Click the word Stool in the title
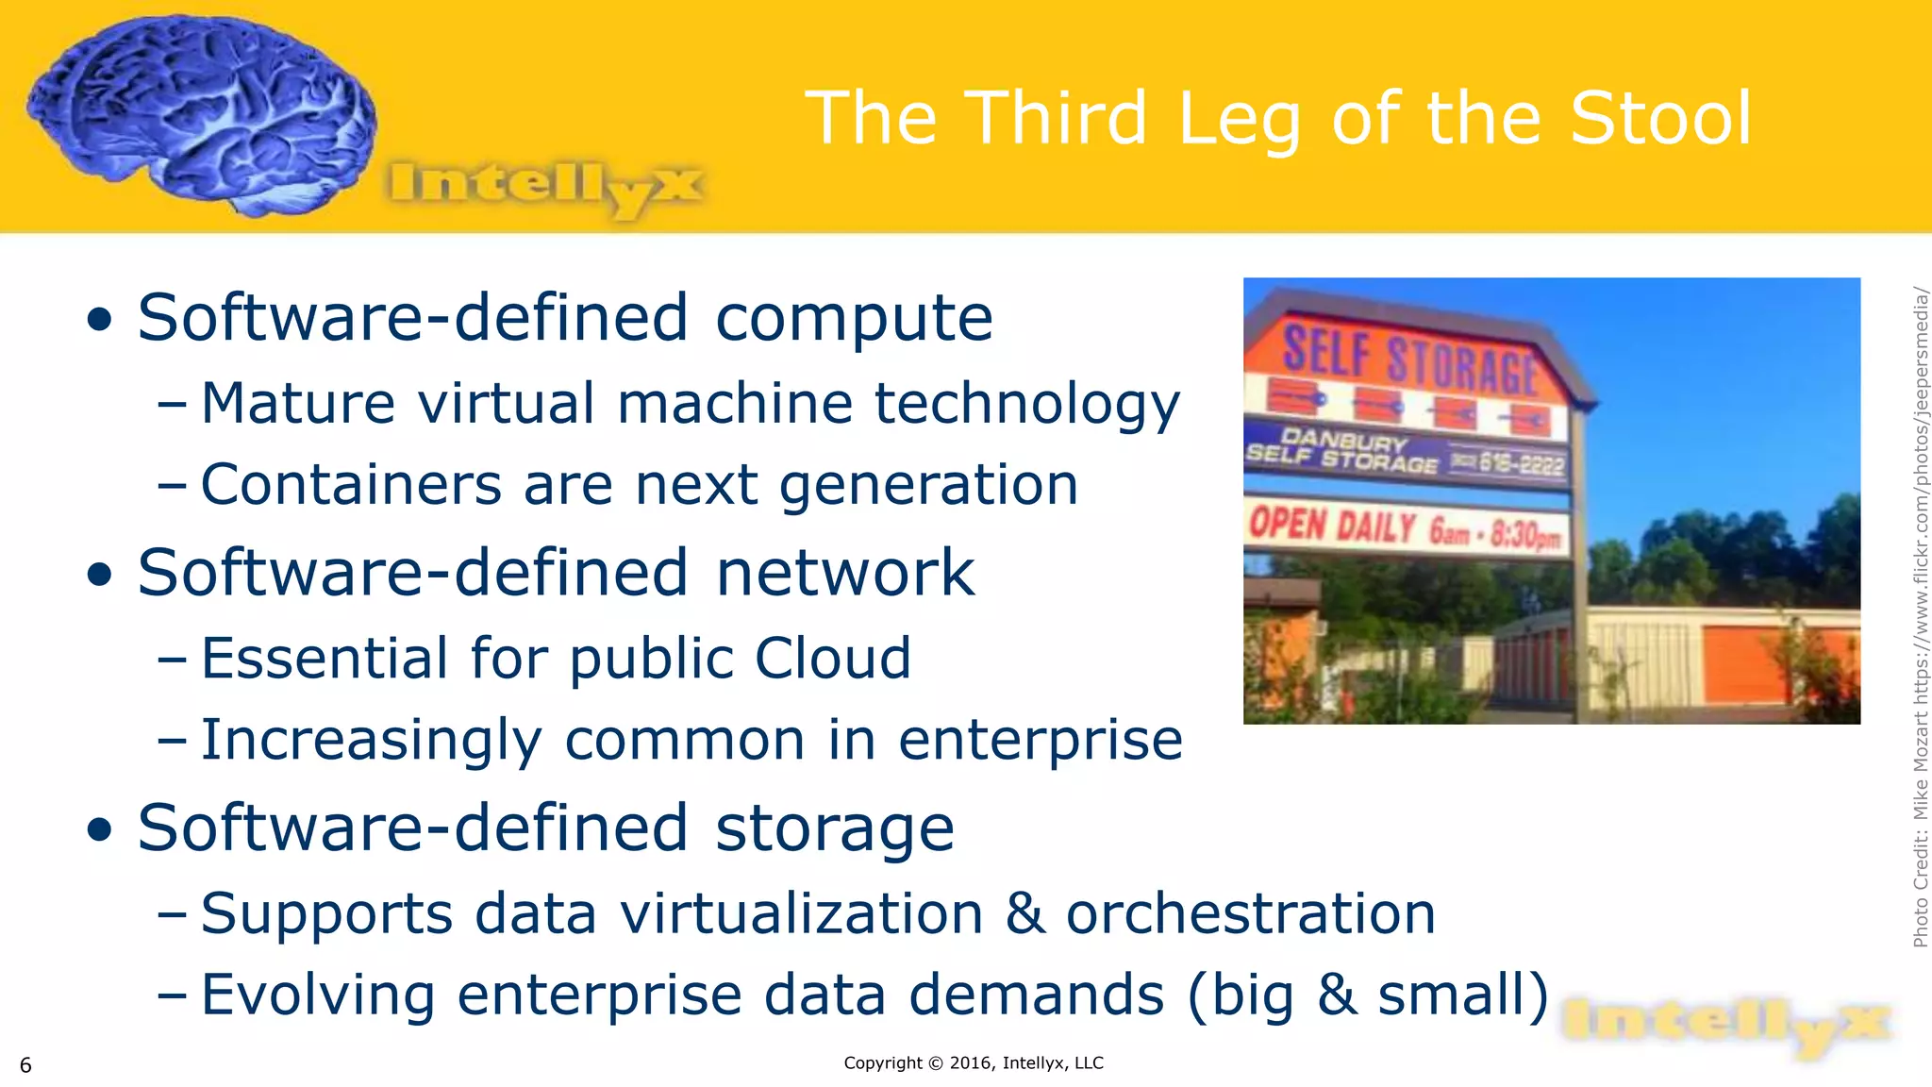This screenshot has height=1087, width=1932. [x=1660, y=118]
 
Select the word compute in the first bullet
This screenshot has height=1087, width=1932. [x=854, y=318]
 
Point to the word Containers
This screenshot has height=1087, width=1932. [x=351, y=484]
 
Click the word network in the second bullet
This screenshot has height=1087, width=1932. [x=845, y=573]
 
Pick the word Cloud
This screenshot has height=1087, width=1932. [x=833, y=658]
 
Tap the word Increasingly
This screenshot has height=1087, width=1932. [x=372, y=741]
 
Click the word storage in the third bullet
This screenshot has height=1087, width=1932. [x=835, y=828]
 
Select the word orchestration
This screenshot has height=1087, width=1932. [x=1250, y=913]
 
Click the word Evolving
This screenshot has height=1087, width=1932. [x=317, y=995]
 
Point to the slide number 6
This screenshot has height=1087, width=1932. [x=25, y=1065]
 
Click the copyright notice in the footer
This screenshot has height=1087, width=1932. [x=973, y=1063]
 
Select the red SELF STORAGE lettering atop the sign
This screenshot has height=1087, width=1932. [x=1409, y=360]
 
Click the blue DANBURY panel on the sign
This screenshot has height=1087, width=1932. [x=1406, y=454]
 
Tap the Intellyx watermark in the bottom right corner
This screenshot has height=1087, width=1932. [x=1726, y=1026]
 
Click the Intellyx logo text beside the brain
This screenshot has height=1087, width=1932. [x=545, y=184]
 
